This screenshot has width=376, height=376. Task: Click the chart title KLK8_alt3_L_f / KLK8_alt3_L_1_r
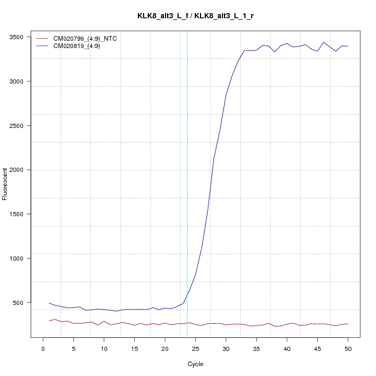(195, 16)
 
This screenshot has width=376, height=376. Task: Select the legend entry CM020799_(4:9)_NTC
(85, 39)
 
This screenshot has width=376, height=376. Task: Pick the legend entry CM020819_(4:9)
(77, 46)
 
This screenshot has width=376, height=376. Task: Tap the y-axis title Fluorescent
(5, 184)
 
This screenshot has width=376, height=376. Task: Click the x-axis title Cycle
(195, 364)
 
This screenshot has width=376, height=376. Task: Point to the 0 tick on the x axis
(43, 348)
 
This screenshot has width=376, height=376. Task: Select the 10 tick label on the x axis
(104, 348)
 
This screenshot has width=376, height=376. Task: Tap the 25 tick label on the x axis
(195, 348)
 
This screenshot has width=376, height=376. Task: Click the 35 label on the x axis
(256, 348)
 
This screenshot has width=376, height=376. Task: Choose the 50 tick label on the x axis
(348, 348)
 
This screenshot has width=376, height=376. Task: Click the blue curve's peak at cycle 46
(324, 42)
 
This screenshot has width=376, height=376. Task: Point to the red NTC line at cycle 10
(104, 321)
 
